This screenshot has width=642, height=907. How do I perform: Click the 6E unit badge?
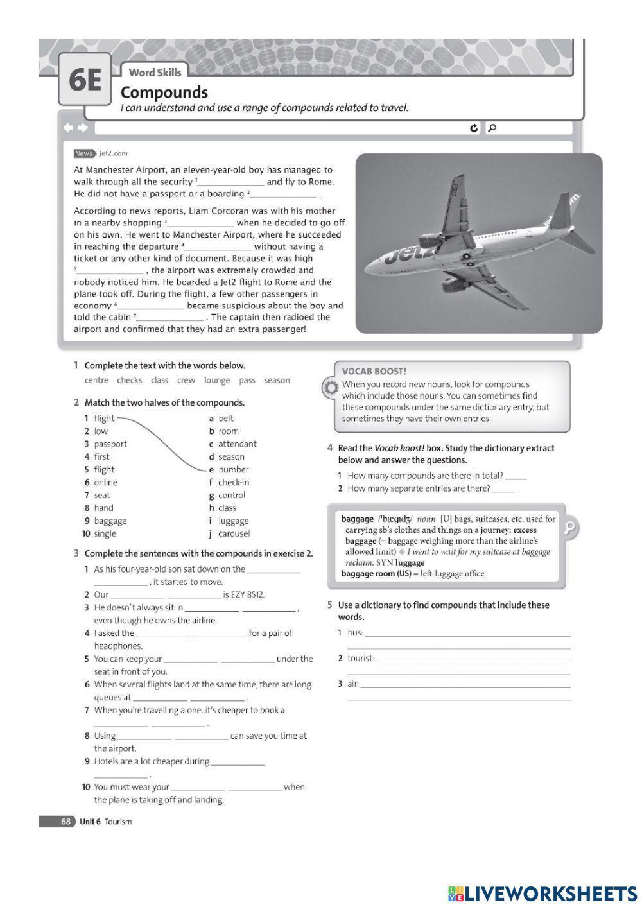point(85,80)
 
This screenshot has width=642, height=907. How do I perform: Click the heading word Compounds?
point(164,92)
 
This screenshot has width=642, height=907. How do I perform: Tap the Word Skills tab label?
point(155,73)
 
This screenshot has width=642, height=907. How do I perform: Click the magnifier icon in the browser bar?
point(492,128)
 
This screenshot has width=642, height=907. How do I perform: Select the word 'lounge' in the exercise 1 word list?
point(217,381)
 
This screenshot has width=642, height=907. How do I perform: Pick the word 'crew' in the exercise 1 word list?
point(186,381)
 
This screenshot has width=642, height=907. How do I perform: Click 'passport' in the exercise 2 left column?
point(110,444)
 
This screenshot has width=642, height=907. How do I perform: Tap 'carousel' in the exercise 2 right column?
point(234,534)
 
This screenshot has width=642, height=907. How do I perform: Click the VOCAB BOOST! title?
point(374,372)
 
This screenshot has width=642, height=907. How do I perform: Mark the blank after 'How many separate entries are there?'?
point(503,490)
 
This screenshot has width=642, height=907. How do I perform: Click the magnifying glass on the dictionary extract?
point(568,528)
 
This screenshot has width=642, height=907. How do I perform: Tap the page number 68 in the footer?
point(65,822)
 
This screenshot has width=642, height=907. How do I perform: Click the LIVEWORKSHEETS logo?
point(542,893)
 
